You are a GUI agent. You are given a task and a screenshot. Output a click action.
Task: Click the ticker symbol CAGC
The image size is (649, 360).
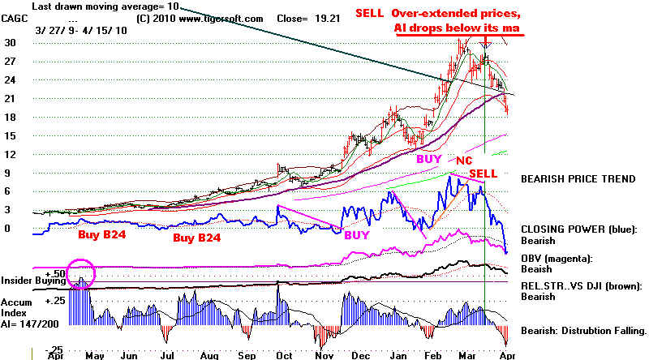coord(15,16)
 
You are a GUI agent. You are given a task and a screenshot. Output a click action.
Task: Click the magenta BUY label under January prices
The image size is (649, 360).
coord(428,160)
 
